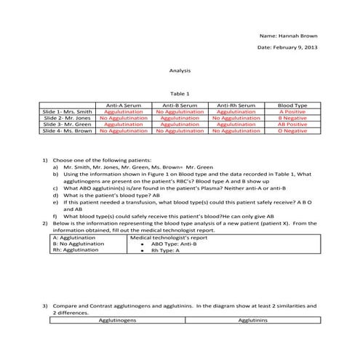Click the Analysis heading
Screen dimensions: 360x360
(180, 71)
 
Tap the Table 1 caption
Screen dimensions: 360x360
(180, 94)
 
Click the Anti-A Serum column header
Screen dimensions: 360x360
(124, 105)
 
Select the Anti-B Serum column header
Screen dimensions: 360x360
(180, 105)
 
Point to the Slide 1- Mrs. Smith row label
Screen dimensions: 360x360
(68, 112)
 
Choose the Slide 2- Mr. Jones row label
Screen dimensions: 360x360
(68, 118)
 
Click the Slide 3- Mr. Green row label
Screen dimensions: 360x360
(68, 124)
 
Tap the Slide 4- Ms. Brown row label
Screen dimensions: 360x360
(68, 131)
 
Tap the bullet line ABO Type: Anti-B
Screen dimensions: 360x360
(179, 244)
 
